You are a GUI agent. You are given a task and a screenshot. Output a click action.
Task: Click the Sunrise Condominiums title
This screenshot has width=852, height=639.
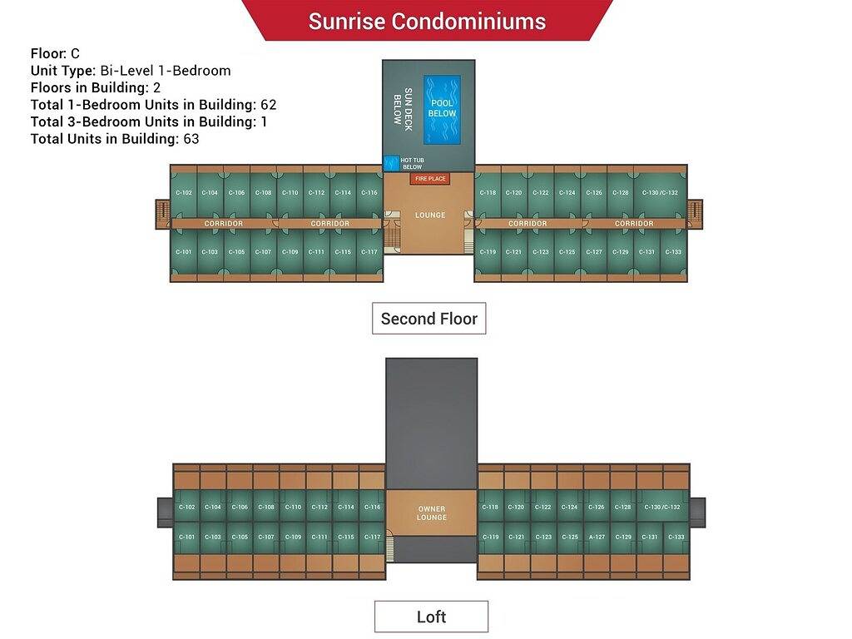click(x=427, y=22)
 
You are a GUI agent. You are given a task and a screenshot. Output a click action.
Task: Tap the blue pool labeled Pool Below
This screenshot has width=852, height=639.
click(x=442, y=109)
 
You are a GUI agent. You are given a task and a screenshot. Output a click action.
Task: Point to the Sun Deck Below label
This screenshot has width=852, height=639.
click(x=403, y=106)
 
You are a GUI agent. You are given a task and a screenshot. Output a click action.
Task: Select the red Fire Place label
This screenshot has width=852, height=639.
click(x=430, y=179)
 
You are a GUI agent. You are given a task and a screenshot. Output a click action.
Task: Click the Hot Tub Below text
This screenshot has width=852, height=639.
click(x=412, y=163)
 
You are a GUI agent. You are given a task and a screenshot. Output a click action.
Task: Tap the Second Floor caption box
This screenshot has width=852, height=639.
click(x=428, y=319)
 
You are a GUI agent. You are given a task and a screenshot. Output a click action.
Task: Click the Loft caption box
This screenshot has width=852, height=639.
click(x=431, y=617)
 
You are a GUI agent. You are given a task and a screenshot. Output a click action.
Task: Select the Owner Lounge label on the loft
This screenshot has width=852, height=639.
click(x=431, y=513)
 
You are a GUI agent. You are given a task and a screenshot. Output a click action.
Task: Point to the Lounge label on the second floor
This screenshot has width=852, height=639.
click(x=430, y=215)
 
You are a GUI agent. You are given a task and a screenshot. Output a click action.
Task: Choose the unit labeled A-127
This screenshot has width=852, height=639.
click(x=597, y=537)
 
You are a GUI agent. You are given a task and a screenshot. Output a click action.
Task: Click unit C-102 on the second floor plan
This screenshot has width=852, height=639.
click(x=184, y=193)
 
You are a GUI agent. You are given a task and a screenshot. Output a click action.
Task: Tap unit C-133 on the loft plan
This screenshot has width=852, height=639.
click(x=676, y=537)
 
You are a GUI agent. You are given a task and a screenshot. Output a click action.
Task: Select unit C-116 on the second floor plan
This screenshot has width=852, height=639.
click(x=369, y=193)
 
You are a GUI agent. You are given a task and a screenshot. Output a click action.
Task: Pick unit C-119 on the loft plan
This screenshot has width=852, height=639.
click(x=491, y=537)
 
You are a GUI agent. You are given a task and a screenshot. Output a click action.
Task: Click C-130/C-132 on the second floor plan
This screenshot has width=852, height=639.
click(x=661, y=193)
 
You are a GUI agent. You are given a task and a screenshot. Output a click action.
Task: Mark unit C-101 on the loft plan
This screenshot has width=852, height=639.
click(x=186, y=537)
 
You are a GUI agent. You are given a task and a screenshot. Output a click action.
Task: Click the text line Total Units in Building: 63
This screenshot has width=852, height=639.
click(x=115, y=139)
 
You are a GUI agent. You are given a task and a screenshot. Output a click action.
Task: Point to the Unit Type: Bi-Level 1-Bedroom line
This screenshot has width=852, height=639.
click(x=131, y=71)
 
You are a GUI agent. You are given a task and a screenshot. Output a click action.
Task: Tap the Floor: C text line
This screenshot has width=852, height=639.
click(x=55, y=53)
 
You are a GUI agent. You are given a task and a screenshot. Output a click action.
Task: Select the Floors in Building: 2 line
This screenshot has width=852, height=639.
click(x=96, y=87)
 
